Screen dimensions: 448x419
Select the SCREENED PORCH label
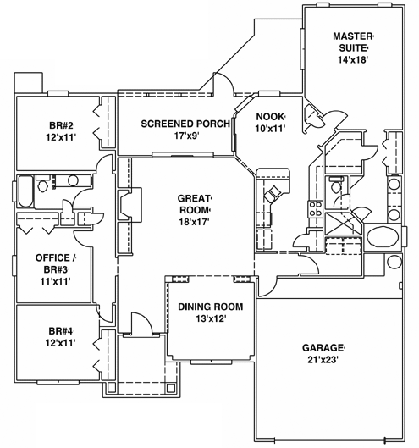tap(174, 123)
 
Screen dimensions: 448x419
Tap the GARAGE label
tap(323, 348)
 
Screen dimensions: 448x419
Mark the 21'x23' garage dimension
tap(323, 361)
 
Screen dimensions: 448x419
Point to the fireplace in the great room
tap(124, 205)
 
